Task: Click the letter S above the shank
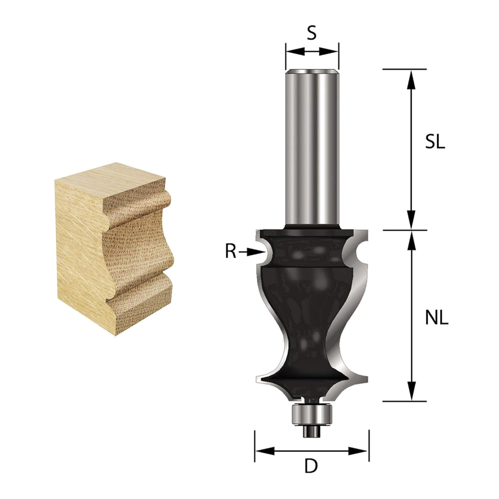click(312, 33)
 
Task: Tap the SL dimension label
click(435, 143)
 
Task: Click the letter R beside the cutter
click(231, 251)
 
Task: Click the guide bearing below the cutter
click(312, 413)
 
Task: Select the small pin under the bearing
click(312, 431)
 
